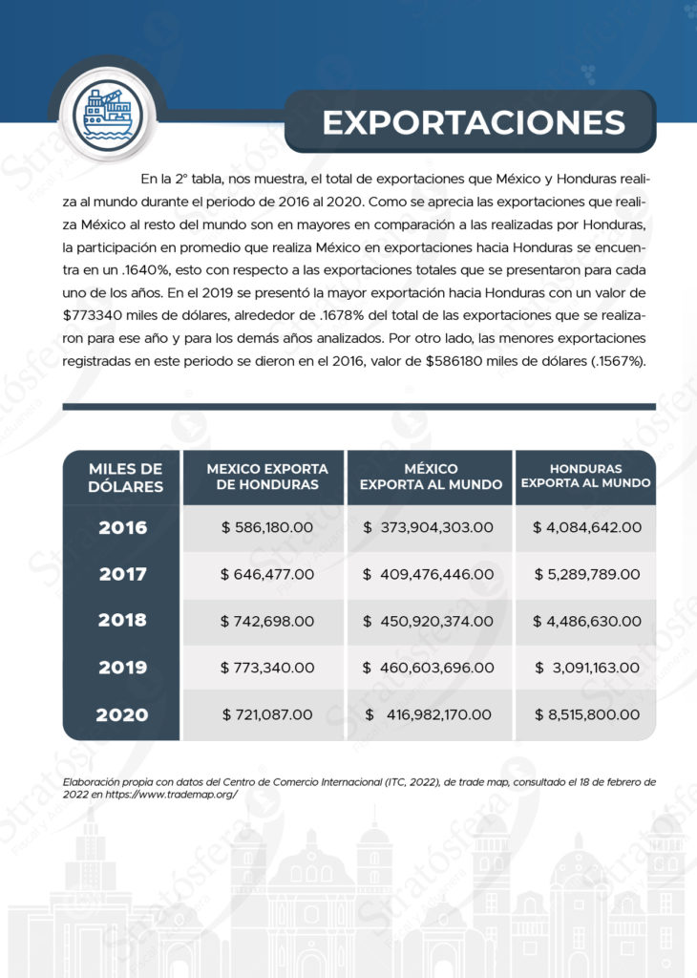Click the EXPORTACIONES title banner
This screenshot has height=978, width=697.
point(472,122)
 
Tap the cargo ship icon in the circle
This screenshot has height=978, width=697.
point(101,113)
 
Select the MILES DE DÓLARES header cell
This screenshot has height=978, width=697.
point(122,477)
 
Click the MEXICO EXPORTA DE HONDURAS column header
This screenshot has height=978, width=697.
point(267,477)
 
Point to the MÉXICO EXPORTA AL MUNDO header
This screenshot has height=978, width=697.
point(431,477)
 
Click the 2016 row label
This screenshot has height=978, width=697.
point(122,527)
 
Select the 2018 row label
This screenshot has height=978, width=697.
point(122,620)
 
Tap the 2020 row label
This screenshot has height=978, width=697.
point(122,713)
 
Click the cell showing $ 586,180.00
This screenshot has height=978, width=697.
point(267,527)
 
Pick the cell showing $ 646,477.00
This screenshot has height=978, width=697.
point(267,574)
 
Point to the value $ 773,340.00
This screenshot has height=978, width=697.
point(267,668)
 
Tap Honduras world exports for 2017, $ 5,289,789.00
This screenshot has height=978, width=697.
point(586,574)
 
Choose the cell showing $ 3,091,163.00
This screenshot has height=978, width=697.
point(586,668)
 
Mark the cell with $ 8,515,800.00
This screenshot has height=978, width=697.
point(586,714)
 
